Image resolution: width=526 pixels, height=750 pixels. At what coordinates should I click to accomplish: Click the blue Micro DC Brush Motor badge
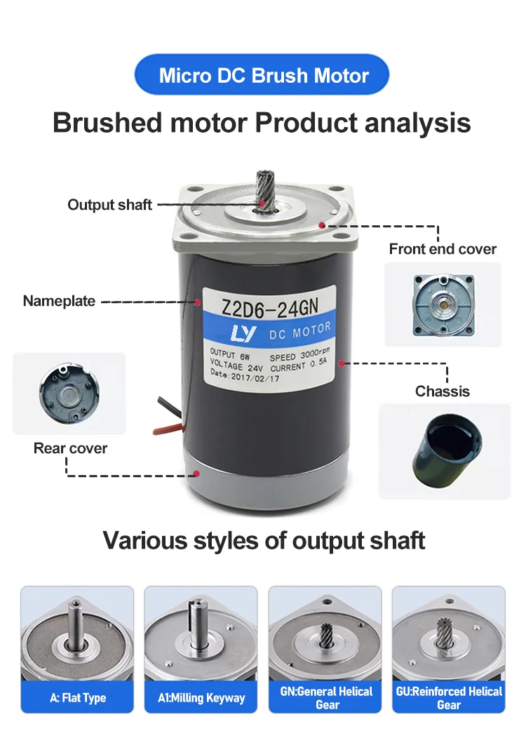[x=263, y=74]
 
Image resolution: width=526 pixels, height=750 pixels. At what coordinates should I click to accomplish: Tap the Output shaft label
[x=109, y=205]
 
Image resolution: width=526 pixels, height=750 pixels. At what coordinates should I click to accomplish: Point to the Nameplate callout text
[x=59, y=301]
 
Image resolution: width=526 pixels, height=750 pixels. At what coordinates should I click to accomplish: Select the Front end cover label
[x=443, y=249]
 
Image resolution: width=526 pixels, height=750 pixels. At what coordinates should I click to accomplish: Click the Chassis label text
[x=442, y=391]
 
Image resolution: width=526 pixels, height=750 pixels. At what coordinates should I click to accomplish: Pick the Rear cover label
[x=70, y=448]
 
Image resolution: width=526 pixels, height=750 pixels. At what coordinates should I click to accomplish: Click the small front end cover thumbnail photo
[x=443, y=304]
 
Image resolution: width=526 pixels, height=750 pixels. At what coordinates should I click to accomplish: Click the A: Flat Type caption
[x=77, y=698]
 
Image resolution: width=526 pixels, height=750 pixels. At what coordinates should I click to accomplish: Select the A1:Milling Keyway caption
[x=201, y=698]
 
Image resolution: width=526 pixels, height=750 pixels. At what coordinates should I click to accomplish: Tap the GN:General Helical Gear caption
[x=325, y=698]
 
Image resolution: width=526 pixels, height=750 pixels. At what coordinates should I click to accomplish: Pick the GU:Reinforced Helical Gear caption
[x=449, y=698]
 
